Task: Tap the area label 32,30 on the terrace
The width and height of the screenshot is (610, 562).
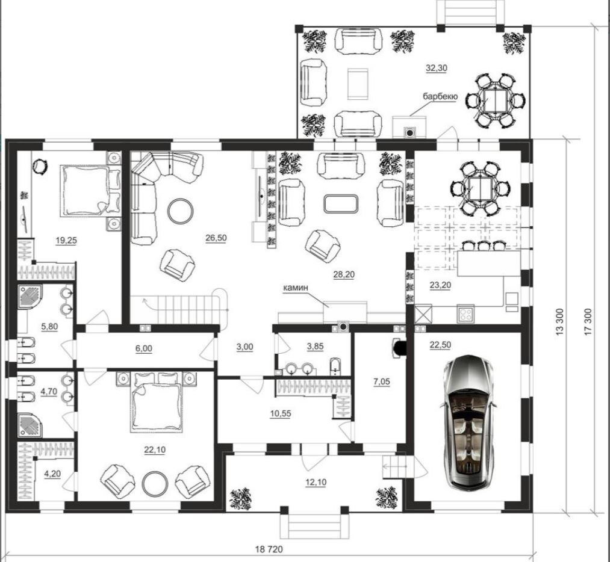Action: tap(437, 68)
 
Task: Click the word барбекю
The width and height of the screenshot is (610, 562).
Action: tap(440, 96)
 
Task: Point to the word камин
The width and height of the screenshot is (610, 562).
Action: tap(296, 288)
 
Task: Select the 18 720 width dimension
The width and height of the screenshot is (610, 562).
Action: tap(269, 549)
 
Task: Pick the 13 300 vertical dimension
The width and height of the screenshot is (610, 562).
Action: tap(559, 321)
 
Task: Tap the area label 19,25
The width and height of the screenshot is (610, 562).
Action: tap(66, 241)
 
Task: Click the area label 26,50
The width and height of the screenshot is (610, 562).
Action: tap(216, 238)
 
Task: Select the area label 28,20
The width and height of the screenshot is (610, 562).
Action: tap(344, 274)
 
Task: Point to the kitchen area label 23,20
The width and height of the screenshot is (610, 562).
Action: tap(440, 285)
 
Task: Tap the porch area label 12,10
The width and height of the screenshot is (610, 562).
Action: tap(316, 483)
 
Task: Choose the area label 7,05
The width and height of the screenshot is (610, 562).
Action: tap(382, 381)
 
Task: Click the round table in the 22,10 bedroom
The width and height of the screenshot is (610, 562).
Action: tap(155, 484)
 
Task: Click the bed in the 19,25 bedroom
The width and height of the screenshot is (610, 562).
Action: tap(90, 190)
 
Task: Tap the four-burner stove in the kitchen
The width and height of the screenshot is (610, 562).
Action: tap(465, 313)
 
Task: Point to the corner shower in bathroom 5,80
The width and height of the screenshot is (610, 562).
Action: tap(30, 297)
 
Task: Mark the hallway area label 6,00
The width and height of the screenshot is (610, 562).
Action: tap(143, 348)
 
